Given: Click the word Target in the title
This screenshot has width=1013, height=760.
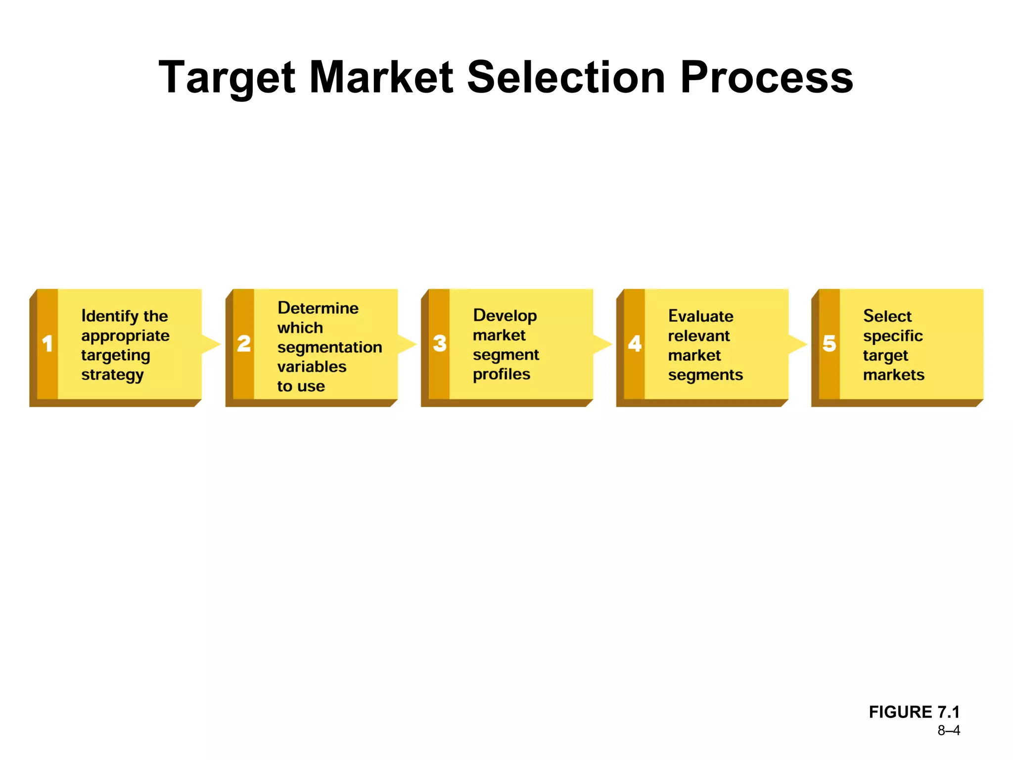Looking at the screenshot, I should tap(227, 78).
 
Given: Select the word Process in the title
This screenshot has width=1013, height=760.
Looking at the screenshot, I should tap(766, 78).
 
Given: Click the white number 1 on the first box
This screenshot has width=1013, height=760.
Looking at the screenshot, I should tap(47, 344).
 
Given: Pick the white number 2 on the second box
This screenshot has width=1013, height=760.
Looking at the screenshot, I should tap(244, 344).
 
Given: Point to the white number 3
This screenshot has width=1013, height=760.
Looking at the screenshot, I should tap(440, 344).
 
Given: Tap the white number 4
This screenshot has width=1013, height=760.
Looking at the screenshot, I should tap(635, 344).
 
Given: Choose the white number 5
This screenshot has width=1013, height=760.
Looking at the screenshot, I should tap(829, 344).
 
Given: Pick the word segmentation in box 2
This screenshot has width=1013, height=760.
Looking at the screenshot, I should tap(329, 347).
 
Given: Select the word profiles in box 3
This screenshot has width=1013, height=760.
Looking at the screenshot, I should tap(501, 375).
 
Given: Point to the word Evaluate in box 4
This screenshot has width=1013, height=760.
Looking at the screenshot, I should tap(700, 316).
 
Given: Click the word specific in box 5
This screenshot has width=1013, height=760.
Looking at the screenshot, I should tap(892, 336).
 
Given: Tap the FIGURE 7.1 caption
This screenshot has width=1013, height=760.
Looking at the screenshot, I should tap(914, 712).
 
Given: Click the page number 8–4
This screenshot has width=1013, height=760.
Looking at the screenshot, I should tap(948, 731).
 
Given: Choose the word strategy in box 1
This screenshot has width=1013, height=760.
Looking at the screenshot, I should tap(112, 375).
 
